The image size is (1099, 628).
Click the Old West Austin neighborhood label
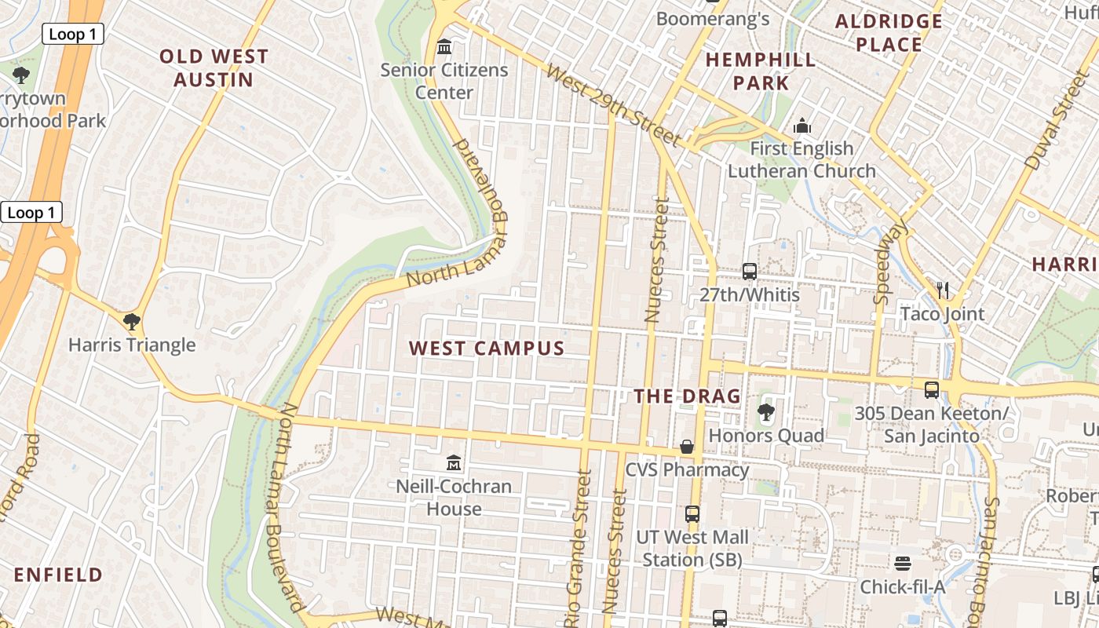[x=214, y=68]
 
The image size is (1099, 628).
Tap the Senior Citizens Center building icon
[x=444, y=47]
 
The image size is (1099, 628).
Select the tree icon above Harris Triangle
[x=132, y=321]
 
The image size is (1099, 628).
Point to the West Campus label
[x=487, y=349]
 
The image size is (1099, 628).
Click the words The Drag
[x=688, y=396]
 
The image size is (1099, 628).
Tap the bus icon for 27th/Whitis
[x=750, y=272]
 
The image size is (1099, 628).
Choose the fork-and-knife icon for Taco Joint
[x=943, y=290]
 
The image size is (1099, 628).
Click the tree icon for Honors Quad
[x=766, y=412]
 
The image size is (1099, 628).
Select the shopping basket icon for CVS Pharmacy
[x=687, y=447]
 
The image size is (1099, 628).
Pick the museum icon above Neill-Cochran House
[x=454, y=463]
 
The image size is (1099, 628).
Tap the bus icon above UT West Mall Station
[x=692, y=514]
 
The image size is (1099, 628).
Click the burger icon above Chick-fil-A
[x=903, y=564]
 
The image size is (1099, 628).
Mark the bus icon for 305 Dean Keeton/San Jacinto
[x=932, y=389]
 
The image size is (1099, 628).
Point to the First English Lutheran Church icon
[x=801, y=126]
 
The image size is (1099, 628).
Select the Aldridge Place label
[x=889, y=33]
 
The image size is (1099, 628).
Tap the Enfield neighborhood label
[x=58, y=575]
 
